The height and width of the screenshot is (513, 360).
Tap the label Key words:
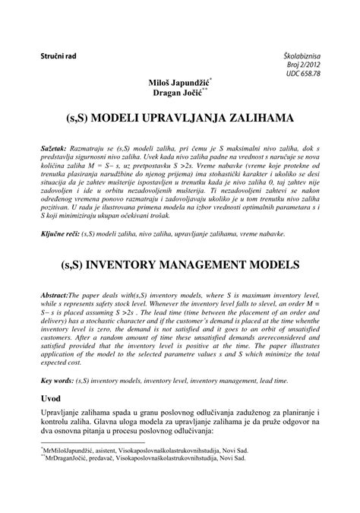click(x=58, y=378)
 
